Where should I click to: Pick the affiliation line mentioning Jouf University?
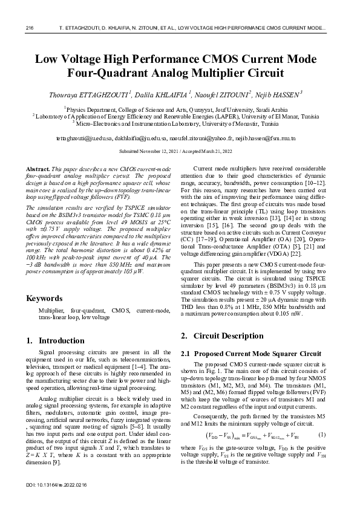coord(180,109)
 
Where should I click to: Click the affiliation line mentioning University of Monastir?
coord(180,123)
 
